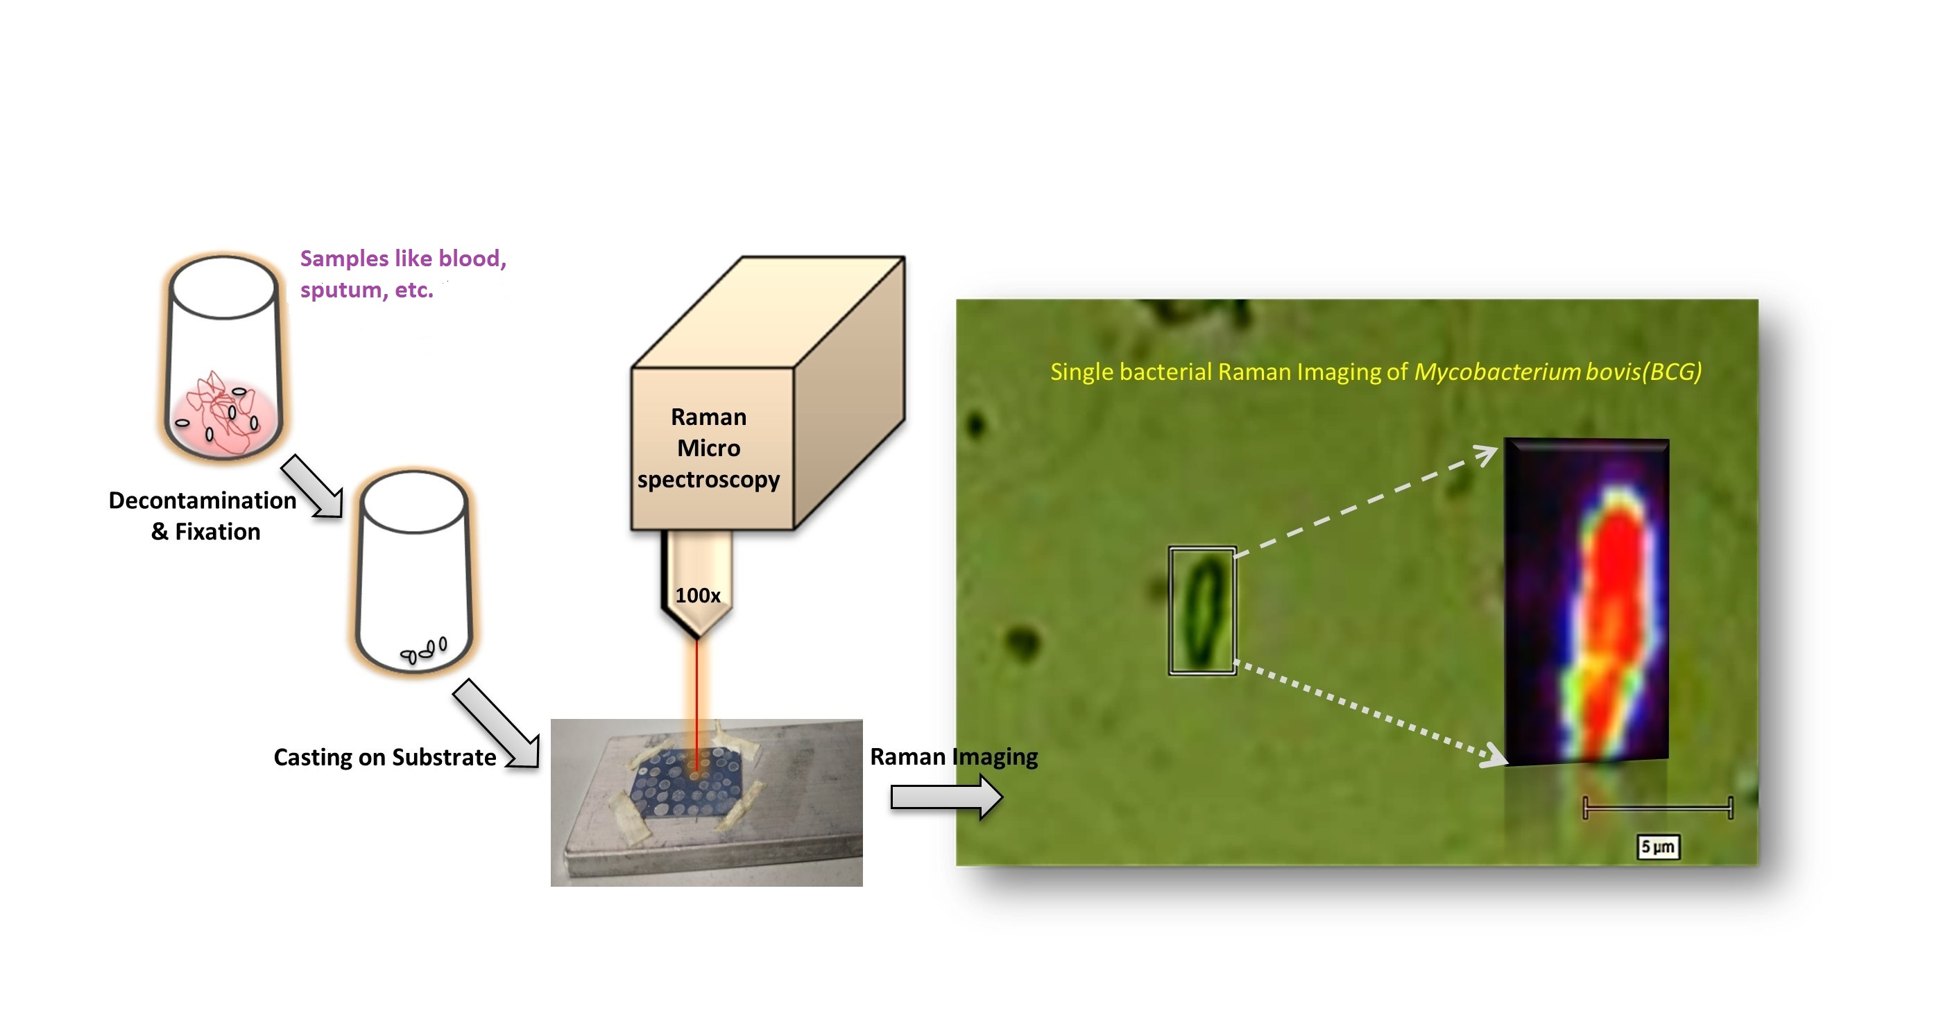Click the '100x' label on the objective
click(x=697, y=596)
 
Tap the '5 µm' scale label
click(x=1657, y=847)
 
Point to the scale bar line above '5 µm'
click(x=1657, y=808)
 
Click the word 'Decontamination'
click(x=203, y=501)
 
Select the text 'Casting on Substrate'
click(x=384, y=757)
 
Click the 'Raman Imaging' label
click(x=954, y=756)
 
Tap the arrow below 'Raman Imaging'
click(x=946, y=797)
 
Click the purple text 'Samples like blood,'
click(x=403, y=259)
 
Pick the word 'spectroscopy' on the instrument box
click(x=708, y=480)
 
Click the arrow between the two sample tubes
click(x=313, y=487)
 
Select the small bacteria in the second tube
click(x=425, y=650)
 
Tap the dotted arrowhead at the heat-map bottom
click(x=1494, y=756)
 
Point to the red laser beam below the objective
click(x=696, y=700)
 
